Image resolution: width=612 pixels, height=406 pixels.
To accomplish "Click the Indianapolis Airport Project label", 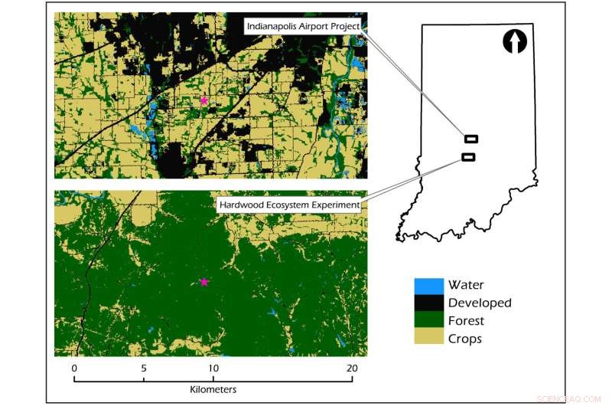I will [302, 27].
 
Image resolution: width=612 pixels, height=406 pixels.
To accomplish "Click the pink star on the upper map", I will [203, 100].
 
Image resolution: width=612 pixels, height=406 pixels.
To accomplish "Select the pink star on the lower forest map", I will [203, 282].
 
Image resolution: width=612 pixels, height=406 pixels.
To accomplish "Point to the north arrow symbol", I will [515, 41].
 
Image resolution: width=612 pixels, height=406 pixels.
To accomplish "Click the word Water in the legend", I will [466, 286].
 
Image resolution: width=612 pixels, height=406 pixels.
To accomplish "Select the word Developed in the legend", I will [480, 303].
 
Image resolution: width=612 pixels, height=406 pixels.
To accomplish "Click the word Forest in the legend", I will [467, 321].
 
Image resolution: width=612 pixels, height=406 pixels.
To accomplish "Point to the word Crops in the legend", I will [465, 339].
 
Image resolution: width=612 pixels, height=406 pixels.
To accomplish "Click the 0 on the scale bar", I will [74, 368].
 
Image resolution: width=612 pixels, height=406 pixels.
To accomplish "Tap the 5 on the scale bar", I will [144, 368].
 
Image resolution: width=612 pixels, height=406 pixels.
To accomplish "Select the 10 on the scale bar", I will [213, 368].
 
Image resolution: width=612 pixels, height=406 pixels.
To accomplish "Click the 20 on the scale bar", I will [352, 368].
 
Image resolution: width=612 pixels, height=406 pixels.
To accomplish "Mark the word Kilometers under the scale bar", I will [213, 390].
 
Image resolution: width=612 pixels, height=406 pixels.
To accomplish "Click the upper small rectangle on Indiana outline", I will [471, 139].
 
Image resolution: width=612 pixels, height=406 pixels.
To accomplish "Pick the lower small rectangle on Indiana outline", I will [468, 157].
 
